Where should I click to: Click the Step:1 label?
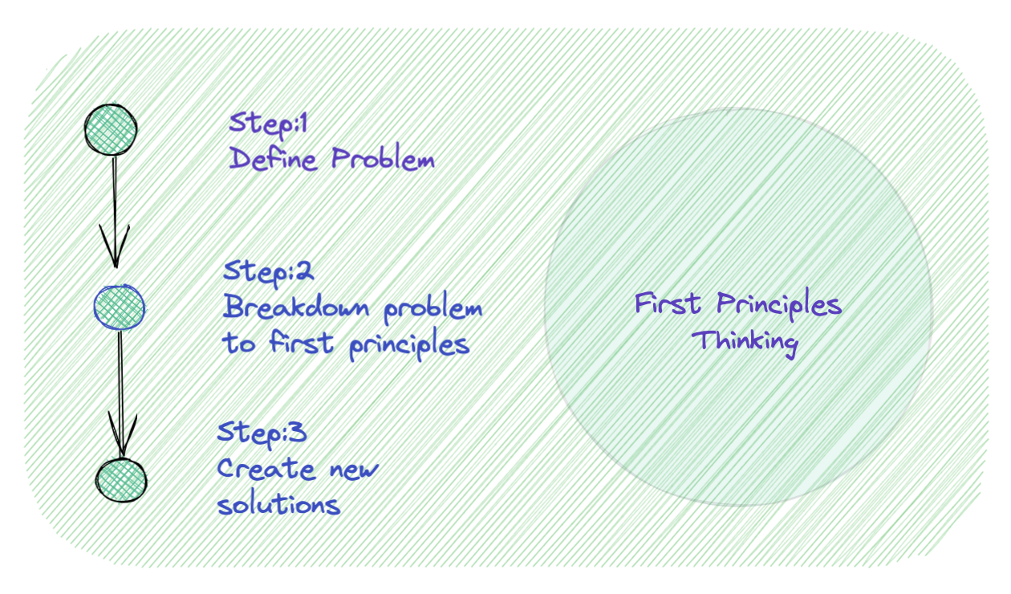pyautogui.click(x=269, y=125)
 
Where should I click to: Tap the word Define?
pyautogui.click(x=273, y=159)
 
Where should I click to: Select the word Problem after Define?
pyautogui.click(x=383, y=158)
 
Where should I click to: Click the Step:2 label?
pyautogui.click(x=268, y=273)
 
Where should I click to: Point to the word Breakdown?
pyautogui.click(x=296, y=306)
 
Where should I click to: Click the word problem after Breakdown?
pyautogui.click(x=432, y=308)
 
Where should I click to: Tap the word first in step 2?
pyautogui.click(x=301, y=342)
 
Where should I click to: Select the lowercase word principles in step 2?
pyautogui.click(x=409, y=344)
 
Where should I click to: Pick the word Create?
pyautogui.click(x=266, y=469)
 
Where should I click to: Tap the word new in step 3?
pyautogui.click(x=354, y=470)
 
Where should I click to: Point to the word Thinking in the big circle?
pyautogui.click(x=745, y=343)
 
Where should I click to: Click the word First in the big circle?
pyautogui.click(x=668, y=303)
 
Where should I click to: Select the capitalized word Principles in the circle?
pyautogui.click(x=779, y=305)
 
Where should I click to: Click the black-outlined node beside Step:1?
pyautogui.click(x=111, y=130)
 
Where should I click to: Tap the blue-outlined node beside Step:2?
pyautogui.click(x=119, y=307)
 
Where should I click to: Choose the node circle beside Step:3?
pyautogui.click(x=121, y=480)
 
